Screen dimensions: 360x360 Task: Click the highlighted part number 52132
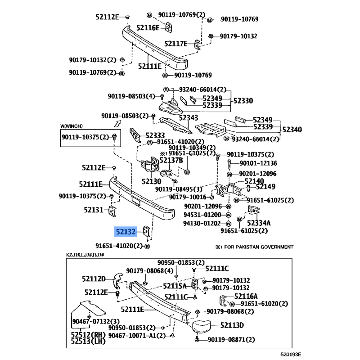point(126,232)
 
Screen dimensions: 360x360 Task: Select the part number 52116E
point(148,28)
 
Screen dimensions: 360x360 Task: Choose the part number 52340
point(292,130)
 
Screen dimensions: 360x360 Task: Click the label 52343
point(188,118)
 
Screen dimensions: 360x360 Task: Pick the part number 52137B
point(171,160)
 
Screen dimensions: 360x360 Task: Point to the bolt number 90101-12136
point(258,163)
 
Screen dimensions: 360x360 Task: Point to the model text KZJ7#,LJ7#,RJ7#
point(85,255)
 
